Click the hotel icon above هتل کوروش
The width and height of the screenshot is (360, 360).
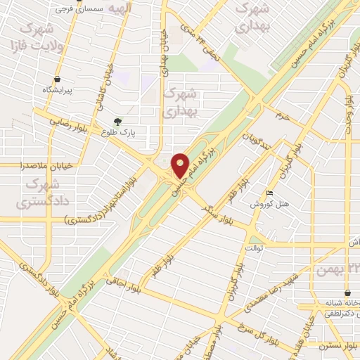click(x=270, y=193)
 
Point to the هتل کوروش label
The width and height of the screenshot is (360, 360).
click(x=266, y=204)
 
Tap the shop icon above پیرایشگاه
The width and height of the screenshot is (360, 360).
click(x=57, y=79)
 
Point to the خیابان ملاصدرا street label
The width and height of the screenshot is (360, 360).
click(x=28, y=166)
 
